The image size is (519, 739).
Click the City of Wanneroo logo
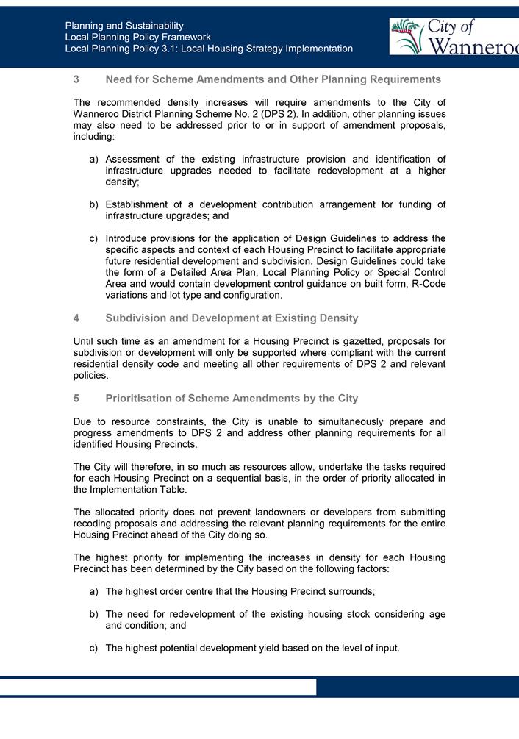tap(454, 37)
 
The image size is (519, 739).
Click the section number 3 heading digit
tap(76, 79)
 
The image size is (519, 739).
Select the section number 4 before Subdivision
tap(76, 318)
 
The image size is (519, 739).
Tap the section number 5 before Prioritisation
tap(76, 399)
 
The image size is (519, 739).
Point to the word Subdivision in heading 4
tap(137, 318)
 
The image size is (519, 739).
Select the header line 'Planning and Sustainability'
tap(124, 26)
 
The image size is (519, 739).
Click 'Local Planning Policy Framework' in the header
tap(137, 37)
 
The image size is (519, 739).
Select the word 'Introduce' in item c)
tap(128, 238)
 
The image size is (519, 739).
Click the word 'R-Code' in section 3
tap(429, 284)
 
